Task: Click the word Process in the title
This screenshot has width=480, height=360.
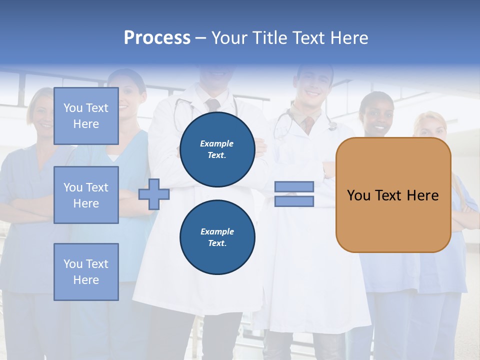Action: (157, 38)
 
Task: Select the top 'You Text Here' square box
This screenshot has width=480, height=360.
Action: (86, 116)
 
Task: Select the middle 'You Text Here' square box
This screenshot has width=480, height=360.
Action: (86, 195)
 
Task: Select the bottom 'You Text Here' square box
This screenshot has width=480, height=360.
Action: (86, 271)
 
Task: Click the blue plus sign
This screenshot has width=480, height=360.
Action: (153, 194)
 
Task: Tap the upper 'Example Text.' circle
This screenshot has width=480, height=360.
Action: (217, 149)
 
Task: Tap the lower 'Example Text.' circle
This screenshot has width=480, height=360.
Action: (217, 237)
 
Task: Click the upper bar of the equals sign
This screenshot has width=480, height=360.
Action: (294, 187)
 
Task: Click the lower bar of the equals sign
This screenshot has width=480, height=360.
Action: (294, 201)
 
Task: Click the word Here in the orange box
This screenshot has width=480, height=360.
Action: (422, 195)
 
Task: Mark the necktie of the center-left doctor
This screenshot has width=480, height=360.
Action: (212, 104)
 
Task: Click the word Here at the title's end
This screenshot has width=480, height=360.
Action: (350, 38)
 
